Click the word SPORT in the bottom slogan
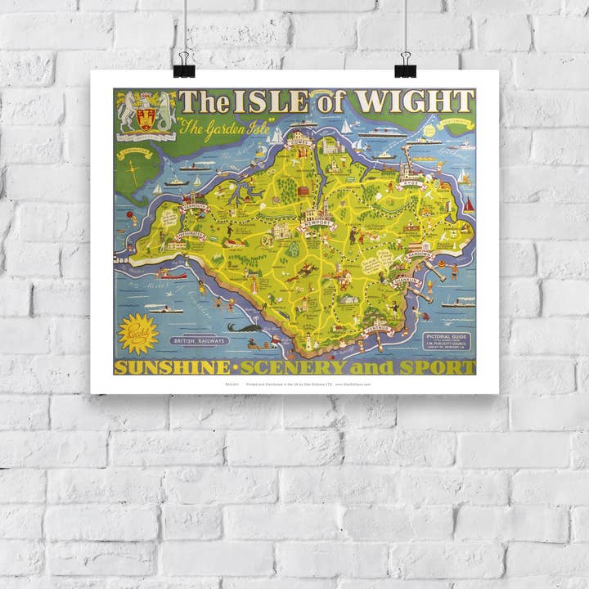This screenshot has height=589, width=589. [x=443, y=367]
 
